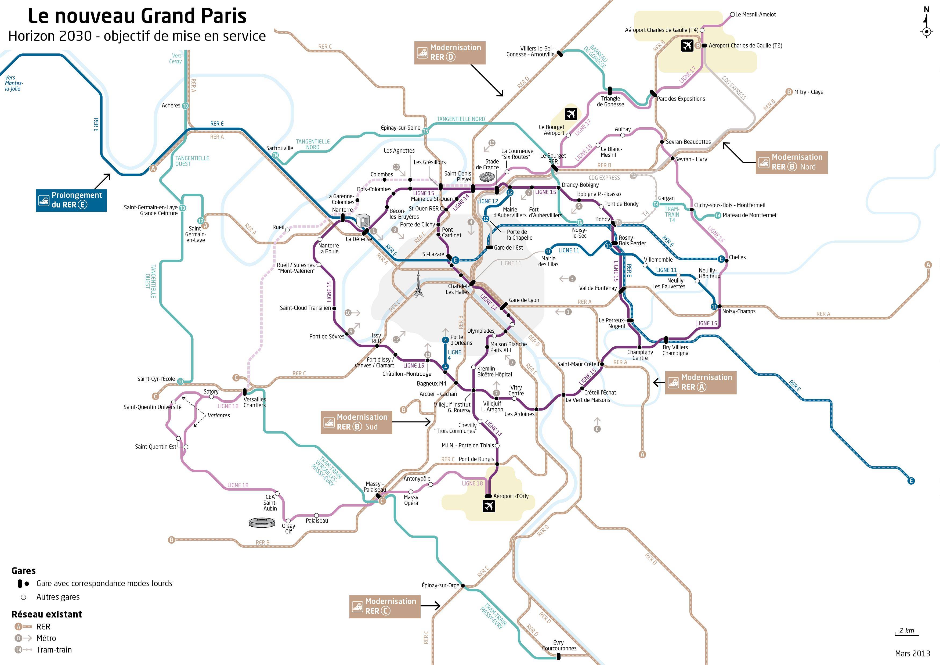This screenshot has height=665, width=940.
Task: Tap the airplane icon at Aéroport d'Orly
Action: tap(489, 506)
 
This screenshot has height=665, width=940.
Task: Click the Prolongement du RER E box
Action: tap(71, 200)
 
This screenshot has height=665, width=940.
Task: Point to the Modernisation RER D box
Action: tap(450, 52)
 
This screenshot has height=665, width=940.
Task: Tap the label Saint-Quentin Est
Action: tap(156, 447)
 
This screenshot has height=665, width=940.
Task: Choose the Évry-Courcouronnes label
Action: tap(559, 645)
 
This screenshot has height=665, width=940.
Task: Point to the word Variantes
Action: tap(219, 415)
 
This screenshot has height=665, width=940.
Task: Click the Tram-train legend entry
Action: tap(54, 650)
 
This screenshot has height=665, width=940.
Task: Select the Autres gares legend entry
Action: tap(58, 597)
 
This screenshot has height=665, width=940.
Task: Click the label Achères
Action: tap(171, 106)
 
